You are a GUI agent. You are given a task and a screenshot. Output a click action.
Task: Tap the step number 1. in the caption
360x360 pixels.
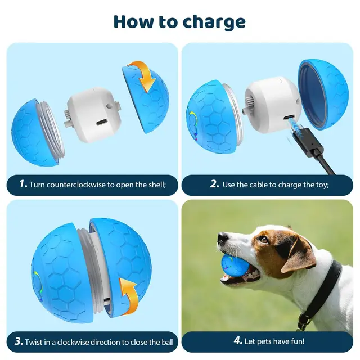click(22, 184)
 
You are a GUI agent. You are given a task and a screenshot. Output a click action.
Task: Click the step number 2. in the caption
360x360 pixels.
click(214, 184)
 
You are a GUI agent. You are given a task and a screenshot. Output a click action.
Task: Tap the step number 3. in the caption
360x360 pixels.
click(19, 341)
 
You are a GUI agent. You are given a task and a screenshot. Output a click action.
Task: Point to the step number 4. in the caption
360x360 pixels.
click(237, 341)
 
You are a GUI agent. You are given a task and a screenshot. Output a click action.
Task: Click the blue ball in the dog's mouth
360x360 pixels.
click(236, 267)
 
